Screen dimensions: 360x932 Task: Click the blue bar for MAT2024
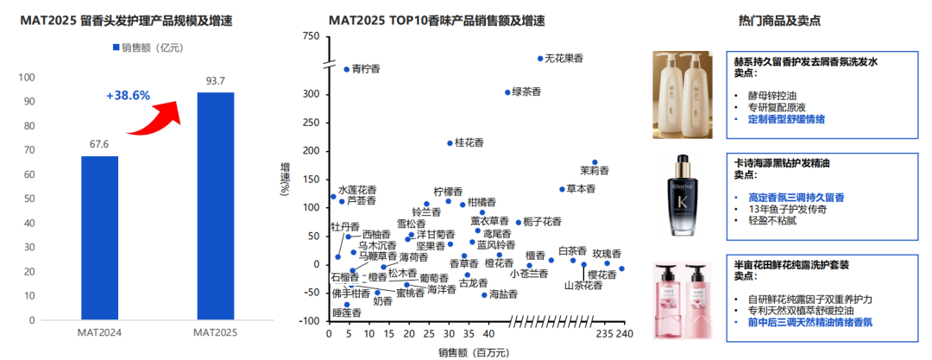pos(99,237)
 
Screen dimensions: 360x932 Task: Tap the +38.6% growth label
pos(129,95)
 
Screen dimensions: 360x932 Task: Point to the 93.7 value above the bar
pos(215,81)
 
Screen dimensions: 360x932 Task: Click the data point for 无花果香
pos(540,59)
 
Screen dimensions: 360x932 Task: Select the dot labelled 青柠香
pos(346,69)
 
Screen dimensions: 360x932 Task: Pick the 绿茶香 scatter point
pos(507,92)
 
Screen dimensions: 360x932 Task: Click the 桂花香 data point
pos(450,143)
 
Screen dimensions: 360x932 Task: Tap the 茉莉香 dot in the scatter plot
pos(594,161)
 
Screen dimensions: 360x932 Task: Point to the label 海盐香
pos(503,294)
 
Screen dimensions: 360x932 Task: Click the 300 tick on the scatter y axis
pos(310,94)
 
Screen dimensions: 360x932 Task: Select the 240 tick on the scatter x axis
pos(625,334)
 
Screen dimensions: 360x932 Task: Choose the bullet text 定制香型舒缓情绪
pos(786,119)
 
